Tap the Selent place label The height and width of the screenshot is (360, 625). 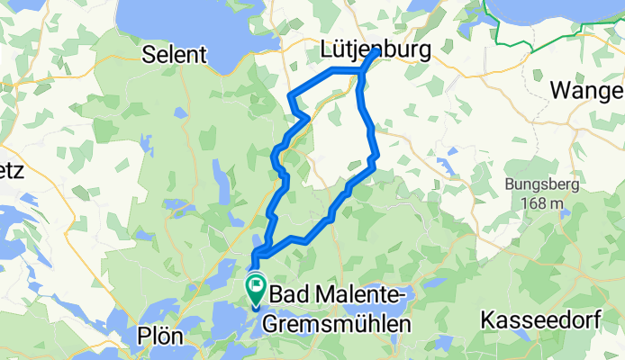(176, 55)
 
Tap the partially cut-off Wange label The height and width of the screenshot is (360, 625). (587, 92)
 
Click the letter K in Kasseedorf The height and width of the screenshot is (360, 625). (488, 319)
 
